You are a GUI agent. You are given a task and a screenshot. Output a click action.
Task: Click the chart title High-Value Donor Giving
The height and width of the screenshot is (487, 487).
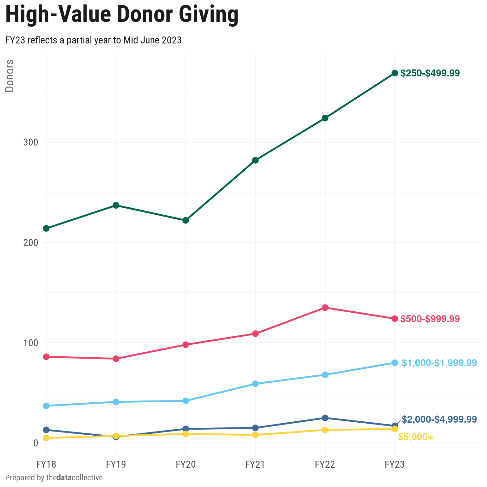(x=122, y=15)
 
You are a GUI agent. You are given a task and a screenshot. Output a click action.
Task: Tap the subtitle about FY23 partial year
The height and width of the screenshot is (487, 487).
(x=93, y=40)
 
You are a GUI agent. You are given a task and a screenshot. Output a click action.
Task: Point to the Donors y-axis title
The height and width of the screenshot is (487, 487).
(x=10, y=76)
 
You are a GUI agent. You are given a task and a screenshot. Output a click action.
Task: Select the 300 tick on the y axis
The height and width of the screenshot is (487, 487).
(x=30, y=142)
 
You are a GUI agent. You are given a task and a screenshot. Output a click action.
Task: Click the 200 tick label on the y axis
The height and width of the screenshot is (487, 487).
(x=30, y=243)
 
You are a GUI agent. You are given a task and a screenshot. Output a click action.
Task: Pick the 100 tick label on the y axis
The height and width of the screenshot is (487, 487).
(x=30, y=343)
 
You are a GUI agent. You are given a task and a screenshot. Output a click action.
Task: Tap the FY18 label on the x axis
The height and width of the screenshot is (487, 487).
(x=46, y=464)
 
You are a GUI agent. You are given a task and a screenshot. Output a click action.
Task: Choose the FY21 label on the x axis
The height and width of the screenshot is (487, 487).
(x=255, y=464)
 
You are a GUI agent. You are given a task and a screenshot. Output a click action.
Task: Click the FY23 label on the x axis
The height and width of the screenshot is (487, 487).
(x=394, y=464)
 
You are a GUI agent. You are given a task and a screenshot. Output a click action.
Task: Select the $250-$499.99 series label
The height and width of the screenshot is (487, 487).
(x=430, y=73)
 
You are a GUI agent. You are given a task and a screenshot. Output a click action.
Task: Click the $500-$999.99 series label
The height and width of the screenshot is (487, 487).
(x=430, y=319)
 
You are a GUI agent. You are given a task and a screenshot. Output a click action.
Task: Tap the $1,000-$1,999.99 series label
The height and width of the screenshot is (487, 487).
(x=439, y=363)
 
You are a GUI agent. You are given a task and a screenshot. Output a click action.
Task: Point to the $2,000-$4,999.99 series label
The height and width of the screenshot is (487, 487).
(x=439, y=419)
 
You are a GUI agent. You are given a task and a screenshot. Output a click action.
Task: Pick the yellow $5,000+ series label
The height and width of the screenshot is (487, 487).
(x=415, y=437)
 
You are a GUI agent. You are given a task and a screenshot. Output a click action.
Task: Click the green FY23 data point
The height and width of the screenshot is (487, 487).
(x=394, y=73)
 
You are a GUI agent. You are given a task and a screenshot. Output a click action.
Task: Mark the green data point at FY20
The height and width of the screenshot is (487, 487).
(x=186, y=220)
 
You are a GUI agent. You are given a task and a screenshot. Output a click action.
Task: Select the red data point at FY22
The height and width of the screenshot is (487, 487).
(x=325, y=308)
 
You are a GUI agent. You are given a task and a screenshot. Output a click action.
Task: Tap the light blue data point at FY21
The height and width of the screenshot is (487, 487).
(x=255, y=384)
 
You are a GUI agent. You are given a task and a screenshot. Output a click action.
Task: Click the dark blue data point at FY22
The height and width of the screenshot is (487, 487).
(x=325, y=418)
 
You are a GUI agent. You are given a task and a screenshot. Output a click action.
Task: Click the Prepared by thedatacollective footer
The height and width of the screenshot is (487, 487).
(x=54, y=477)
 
